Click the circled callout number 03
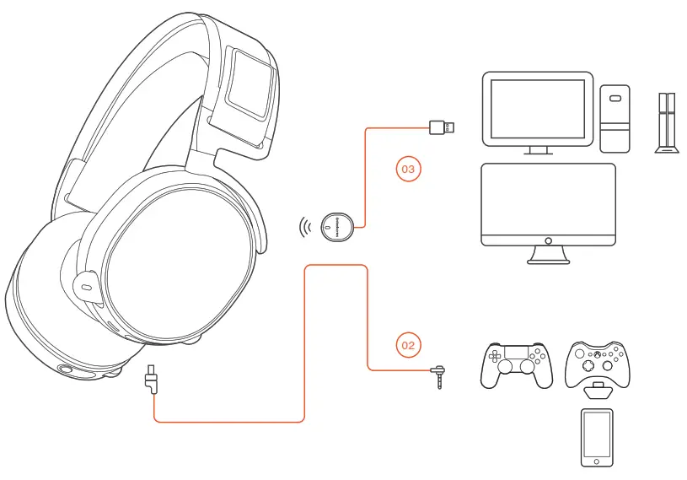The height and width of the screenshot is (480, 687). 408,170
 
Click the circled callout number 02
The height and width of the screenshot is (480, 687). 408,344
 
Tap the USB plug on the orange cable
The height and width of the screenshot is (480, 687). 443,127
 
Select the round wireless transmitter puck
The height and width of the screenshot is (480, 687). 338,226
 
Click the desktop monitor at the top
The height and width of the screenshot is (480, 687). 534,109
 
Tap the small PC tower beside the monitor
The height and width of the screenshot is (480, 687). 615,117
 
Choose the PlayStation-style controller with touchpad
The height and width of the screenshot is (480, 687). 514,364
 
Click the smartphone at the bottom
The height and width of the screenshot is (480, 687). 597,436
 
